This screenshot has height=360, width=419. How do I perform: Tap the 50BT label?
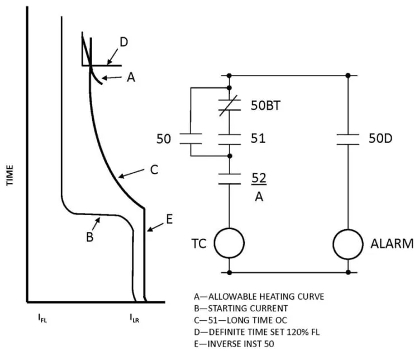click(x=265, y=106)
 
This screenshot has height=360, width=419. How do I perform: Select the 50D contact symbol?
click(x=347, y=139)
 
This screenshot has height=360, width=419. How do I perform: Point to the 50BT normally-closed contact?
click(x=230, y=105)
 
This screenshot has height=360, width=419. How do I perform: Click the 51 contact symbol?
click(x=230, y=139)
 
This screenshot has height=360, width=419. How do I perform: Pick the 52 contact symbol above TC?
click(x=230, y=179)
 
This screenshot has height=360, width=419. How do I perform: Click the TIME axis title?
click(x=9, y=175)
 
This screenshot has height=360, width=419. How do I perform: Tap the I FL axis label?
click(x=42, y=318)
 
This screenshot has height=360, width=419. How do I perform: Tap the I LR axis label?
click(x=135, y=318)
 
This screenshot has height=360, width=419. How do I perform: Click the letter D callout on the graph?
click(x=123, y=42)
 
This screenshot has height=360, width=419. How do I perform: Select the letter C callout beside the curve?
click(x=154, y=169)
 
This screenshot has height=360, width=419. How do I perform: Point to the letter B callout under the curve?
click(x=90, y=237)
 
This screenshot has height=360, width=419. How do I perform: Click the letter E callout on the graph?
click(x=169, y=219)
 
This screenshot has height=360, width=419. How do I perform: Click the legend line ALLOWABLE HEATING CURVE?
click(x=259, y=296)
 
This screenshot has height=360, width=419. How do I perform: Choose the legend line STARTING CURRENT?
click(x=241, y=308)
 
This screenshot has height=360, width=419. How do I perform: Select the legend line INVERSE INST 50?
click(x=234, y=344)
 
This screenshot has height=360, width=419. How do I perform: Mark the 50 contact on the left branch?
click(x=191, y=139)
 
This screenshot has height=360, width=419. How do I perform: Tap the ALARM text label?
click(x=392, y=244)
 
